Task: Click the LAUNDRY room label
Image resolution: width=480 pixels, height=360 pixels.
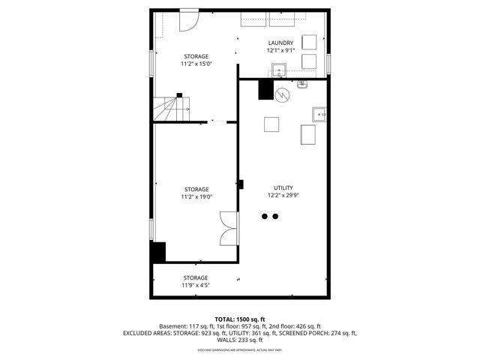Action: (280, 43)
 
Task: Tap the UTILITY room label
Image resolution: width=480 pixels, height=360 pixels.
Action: (283, 187)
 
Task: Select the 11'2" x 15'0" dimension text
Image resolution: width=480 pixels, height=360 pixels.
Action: (196, 64)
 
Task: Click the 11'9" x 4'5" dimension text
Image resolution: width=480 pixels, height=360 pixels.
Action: (196, 285)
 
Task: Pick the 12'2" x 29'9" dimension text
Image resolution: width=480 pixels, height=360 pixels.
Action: (283, 195)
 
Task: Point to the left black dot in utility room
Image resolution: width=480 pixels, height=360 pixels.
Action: (264, 216)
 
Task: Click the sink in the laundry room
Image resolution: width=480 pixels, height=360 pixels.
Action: (279, 71)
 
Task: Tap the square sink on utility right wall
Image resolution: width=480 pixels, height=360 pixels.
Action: (319, 114)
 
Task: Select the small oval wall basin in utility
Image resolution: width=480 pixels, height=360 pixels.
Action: (303, 84)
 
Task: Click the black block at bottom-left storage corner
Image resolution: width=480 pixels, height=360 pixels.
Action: (157, 252)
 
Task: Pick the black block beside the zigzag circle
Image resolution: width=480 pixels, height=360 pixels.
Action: (265, 89)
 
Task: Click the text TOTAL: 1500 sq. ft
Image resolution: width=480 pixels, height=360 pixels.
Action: (240, 319)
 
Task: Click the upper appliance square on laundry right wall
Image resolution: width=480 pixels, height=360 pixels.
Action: (309, 41)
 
